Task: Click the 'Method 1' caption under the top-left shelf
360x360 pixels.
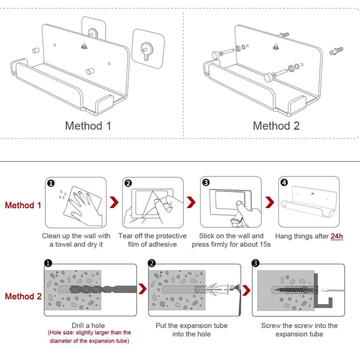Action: click(x=88, y=125)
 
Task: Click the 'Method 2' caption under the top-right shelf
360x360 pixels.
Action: click(x=276, y=125)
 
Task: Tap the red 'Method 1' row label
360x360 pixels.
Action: click(x=23, y=205)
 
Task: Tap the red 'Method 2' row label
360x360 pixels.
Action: click(x=23, y=296)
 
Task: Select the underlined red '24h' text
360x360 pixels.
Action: click(x=337, y=236)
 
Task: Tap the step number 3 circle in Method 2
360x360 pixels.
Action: click(x=255, y=263)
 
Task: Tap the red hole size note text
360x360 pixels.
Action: click(x=89, y=336)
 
